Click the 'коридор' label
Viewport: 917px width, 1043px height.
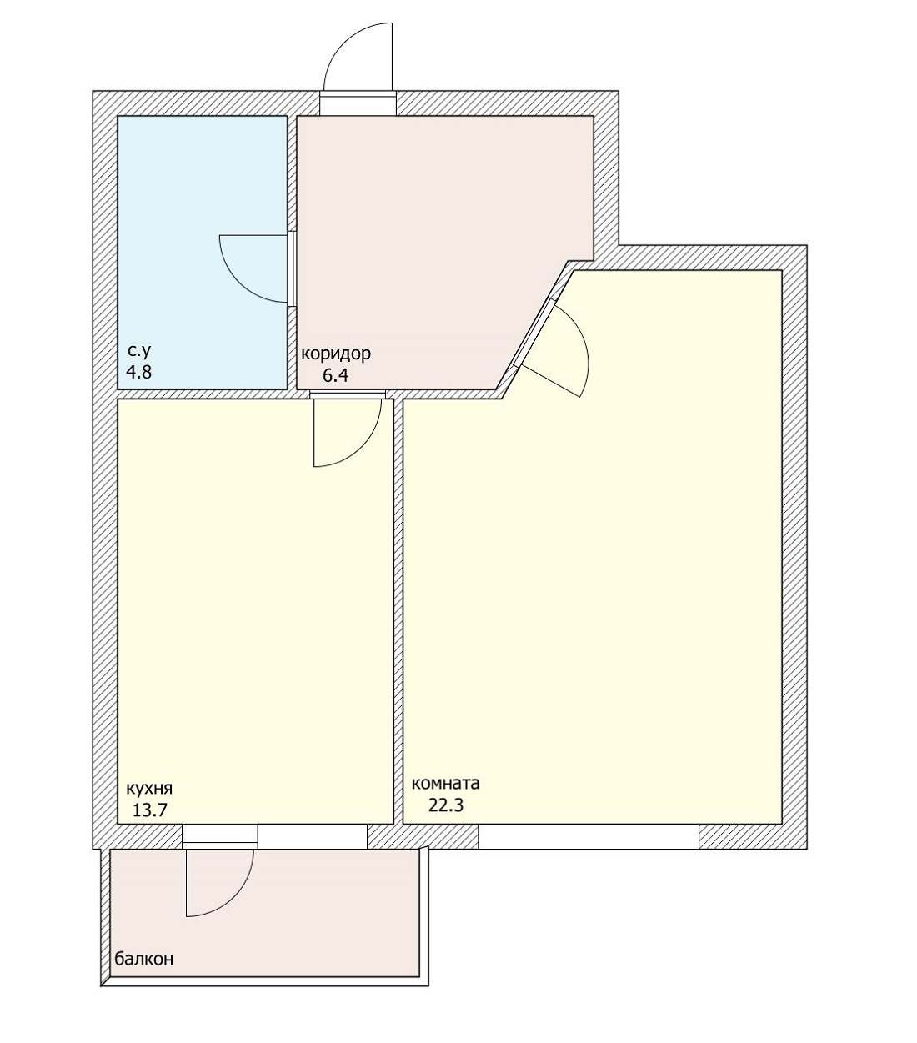tap(336, 354)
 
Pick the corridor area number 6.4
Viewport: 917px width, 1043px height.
tap(336, 375)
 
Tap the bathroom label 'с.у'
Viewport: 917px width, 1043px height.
tap(139, 351)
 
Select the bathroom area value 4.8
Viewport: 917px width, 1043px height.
tap(139, 372)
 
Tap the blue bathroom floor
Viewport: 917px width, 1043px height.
tap(202, 253)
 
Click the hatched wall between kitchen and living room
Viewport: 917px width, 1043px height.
tap(398, 612)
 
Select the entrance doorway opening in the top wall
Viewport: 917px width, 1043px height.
tap(358, 103)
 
